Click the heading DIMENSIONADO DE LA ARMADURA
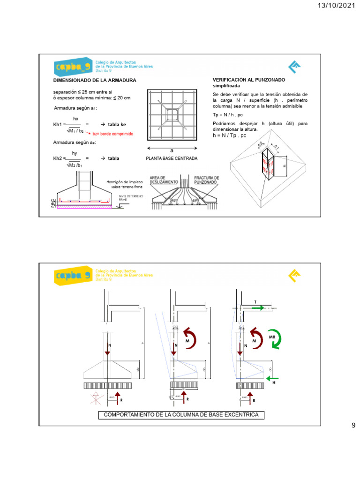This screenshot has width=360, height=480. click(95, 81)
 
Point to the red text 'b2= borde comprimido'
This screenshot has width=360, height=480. click(112, 134)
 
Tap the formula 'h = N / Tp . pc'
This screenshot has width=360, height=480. click(229, 135)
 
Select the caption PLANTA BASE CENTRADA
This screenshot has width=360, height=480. click(172, 158)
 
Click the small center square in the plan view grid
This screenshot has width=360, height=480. click(172, 115)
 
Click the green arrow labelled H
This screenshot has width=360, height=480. click(271, 377)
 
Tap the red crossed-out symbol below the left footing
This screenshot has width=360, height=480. click(95, 399)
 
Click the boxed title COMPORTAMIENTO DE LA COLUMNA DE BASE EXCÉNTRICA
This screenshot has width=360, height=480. click(178, 415)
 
